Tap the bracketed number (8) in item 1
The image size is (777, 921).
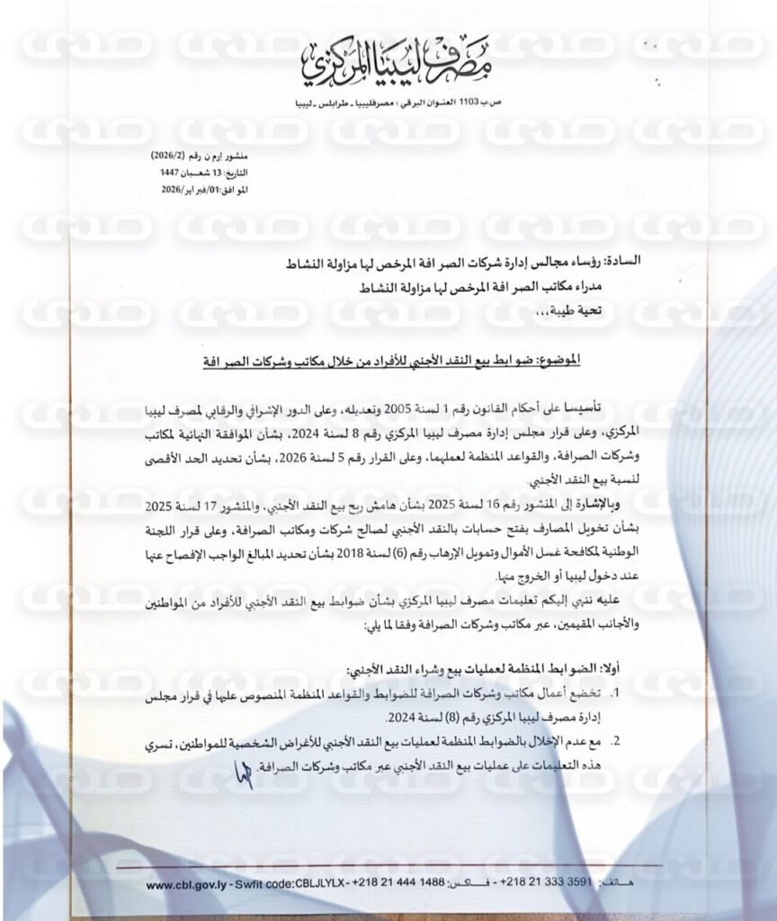pos(475,718)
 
